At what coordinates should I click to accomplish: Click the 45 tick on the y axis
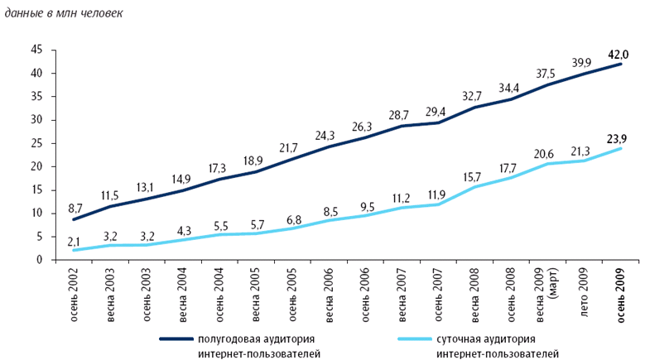[x=36, y=50]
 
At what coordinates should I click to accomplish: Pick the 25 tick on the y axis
[x=36, y=143]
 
